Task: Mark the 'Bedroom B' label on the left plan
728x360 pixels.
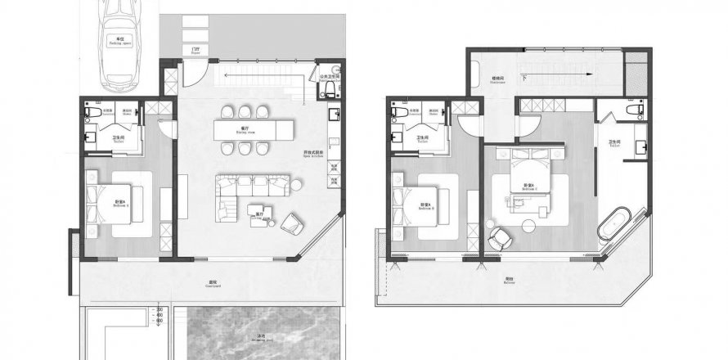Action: (x=119, y=205)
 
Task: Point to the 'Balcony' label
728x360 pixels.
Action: (x=510, y=281)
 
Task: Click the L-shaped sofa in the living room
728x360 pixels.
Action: (x=245, y=193)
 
